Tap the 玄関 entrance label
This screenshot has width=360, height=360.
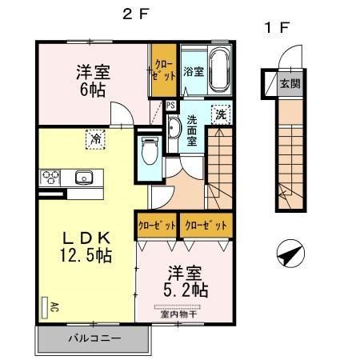click(x=290, y=83)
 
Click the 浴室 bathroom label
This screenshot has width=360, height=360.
click(x=193, y=71)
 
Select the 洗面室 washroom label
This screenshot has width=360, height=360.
click(x=193, y=130)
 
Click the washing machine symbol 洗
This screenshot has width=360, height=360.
click(x=221, y=115)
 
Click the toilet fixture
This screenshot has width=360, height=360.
click(x=149, y=151)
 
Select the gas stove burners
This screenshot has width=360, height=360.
click(x=50, y=177)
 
